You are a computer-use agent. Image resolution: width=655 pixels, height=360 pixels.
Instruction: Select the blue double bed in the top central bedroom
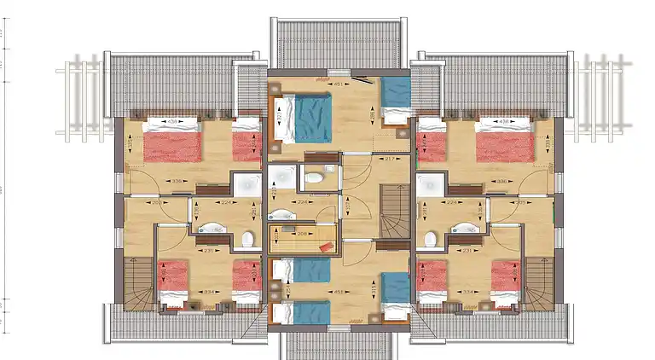click(x=304, y=118)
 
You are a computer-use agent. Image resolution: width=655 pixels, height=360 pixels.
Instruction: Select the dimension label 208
click(x=304, y=231)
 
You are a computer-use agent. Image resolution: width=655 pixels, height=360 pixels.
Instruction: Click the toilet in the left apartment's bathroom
click(x=247, y=239)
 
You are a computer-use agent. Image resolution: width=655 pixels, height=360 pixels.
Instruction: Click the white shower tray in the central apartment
click(x=281, y=177)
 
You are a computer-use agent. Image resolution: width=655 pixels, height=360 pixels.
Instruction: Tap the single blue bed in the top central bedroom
click(x=394, y=98)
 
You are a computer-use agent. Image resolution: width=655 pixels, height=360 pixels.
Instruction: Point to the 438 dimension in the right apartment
click(x=504, y=122)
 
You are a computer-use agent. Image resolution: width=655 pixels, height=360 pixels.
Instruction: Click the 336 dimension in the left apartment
click(x=177, y=181)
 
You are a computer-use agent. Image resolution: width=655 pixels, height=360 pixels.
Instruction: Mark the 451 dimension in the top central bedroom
click(x=338, y=84)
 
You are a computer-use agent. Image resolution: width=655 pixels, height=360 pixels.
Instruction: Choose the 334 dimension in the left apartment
click(x=207, y=292)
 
